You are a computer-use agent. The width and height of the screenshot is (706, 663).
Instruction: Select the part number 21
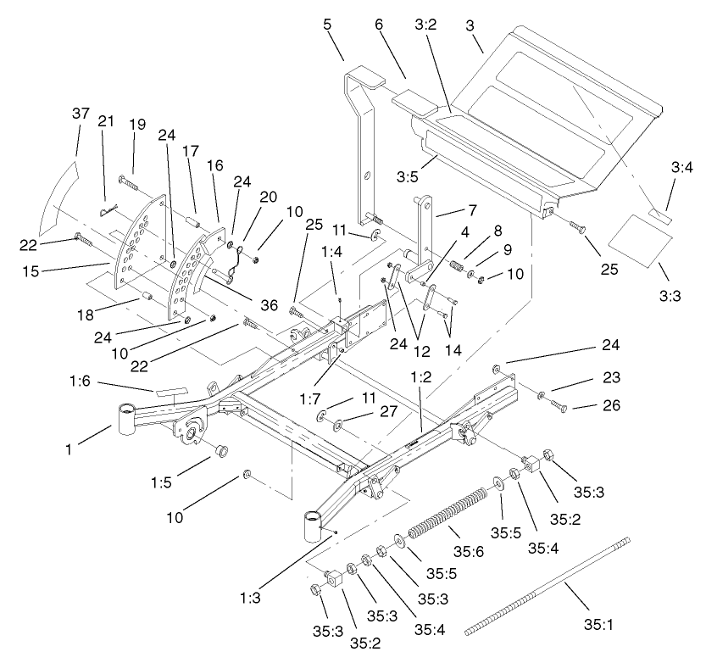coord(105,123)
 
